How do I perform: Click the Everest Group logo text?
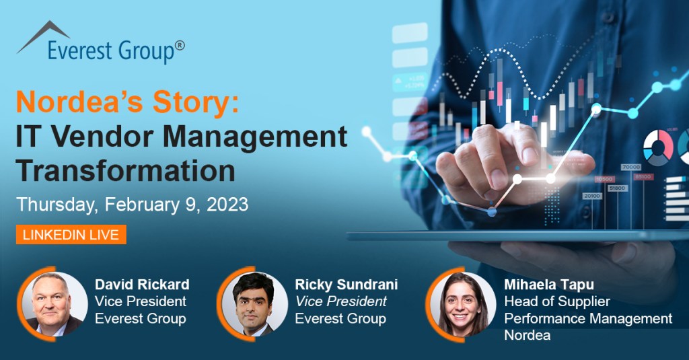[111, 51]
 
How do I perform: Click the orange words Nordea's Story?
[127, 102]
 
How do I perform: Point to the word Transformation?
[125, 170]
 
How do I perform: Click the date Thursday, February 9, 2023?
[133, 205]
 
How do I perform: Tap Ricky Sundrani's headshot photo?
[254, 303]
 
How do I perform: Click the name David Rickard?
[142, 285]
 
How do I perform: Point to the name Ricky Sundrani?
[347, 285]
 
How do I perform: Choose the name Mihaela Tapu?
[549, 285]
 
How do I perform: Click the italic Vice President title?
[340, 301]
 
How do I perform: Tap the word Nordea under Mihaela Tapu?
[528, 335]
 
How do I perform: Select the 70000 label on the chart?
[631, 167]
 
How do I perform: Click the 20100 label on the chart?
[592, 196]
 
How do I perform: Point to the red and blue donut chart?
[658, 147]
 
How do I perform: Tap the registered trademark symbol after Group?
[180, 45]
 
